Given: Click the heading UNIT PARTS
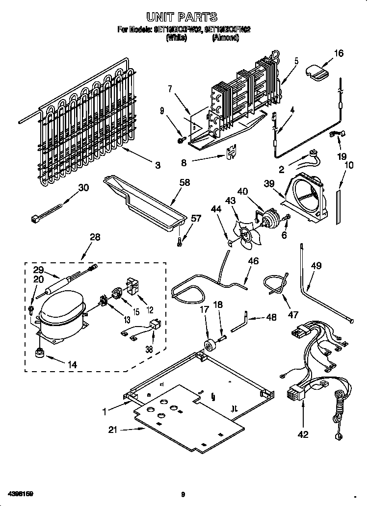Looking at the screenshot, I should (x=184, y=18).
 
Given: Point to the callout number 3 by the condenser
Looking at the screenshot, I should (x=158, y=166).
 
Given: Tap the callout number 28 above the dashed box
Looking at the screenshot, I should (x=95, y=237).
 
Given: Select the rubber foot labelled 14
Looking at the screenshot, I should (x=38, y=352).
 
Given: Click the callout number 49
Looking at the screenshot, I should (x=316, y=266).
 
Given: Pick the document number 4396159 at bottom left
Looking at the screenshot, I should (x=20, y=493).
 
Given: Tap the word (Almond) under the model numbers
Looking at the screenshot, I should (x=225, y=38).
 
